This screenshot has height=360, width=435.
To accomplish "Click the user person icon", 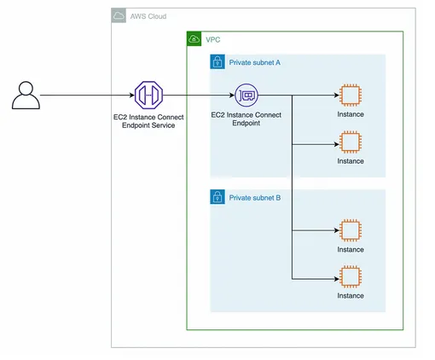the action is (x=26, y=96).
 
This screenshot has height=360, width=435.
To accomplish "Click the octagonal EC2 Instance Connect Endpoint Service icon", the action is (x=148, y=96).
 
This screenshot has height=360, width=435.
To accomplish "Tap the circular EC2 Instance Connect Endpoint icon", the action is (x=246, y=96).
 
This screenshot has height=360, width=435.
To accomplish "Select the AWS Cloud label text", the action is (x=148, y=16).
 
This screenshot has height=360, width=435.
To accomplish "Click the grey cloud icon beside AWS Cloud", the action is (x=119, y=15).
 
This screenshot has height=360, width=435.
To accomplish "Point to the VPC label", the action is (x=213, y=40).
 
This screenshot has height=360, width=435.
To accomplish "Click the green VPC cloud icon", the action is (x=194, y=38).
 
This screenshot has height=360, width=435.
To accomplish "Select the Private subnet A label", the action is (x=255, y=62).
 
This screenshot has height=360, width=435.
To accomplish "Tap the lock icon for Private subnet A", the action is (x=217, y=61).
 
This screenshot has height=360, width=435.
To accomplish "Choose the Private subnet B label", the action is (x=255, y=198).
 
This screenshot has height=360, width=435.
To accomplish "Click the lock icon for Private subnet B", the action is (x=217, y=197).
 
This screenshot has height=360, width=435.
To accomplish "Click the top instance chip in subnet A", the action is (x=351, y=96).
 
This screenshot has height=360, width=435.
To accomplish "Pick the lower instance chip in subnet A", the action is (x=351, y=142).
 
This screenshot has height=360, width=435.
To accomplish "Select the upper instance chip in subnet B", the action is (x=351, y=230).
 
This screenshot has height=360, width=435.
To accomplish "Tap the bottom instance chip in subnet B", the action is (x=351, y=277).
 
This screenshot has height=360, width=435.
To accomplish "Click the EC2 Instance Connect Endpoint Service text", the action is (x=148, y=121).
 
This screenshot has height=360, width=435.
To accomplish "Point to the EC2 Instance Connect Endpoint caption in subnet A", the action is (x=246, y=119).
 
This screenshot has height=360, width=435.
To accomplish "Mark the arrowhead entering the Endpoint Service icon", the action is (x=132, y=96).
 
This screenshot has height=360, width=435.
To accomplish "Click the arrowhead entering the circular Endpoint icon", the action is (x=232, y=96).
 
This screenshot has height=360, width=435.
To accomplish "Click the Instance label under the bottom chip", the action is (x=351, y=296).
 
